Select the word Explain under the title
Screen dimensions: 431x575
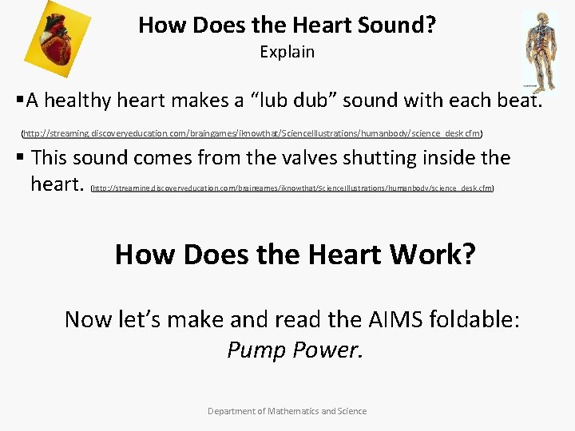[x=287, y=52]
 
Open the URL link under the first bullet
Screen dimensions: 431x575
[x=252, y=132]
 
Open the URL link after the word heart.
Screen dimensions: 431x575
[x=292, y=188]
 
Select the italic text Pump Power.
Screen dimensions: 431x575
[x=295, y=350]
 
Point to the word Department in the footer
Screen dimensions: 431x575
[x=233, y=411]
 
